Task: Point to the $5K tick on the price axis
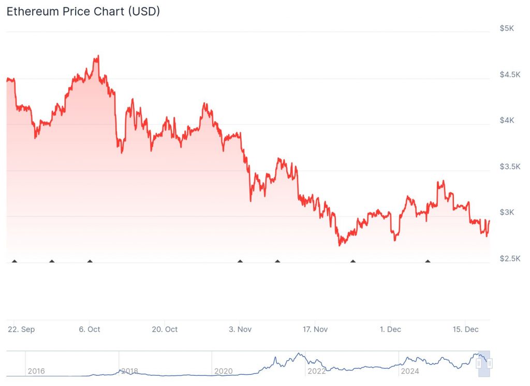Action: click(x=507, y=28)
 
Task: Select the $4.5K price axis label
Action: click(x=509, y=74)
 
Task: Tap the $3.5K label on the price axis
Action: click(x=509, y=166)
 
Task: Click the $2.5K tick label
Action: click(x=509, y=258)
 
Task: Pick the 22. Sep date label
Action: click(x=21, y=329)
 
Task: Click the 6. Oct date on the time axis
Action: click(x=90, y=329)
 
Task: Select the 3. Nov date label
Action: click(x=240, y=329)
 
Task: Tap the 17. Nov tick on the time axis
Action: click(x=315, y=329)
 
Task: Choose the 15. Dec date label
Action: click(x=465, y=329)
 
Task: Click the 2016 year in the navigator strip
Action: click(x=36, y=371)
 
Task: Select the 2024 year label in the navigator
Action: click(x=409, y=371)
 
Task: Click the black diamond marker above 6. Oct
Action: click(x=90, y=261)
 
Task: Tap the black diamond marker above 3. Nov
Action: click(x=240, y=261)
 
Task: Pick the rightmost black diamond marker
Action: click(x=428, y=261)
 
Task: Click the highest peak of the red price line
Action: click(x=98, y=56)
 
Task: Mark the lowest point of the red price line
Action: click(x=340, y=245)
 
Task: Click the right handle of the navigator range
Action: click(x=489, y=364)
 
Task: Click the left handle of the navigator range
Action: click(x=479, y=364)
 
